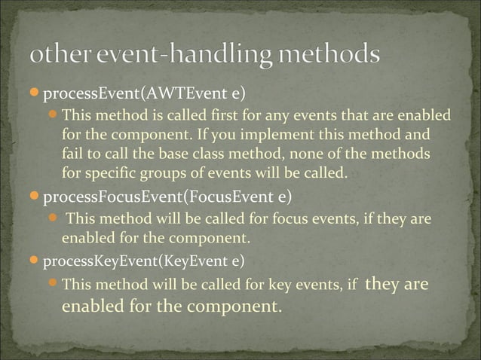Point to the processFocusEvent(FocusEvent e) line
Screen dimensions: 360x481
[167, 199]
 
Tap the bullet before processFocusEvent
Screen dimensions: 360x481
[33, 198]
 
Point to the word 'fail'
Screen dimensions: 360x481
[72, 154]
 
